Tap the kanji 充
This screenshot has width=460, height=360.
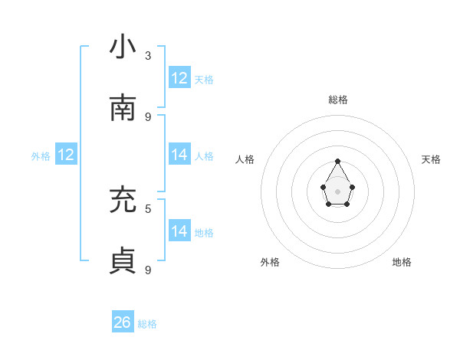tap(123, 200)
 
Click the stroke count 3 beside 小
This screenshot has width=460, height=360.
tap(148, 55)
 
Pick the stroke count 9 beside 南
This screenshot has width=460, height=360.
tap(148, 116)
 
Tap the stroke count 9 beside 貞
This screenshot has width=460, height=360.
tap(148, 270)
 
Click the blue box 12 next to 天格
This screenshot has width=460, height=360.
tap(179, 78)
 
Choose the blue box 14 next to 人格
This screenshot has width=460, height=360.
tap(179, 155)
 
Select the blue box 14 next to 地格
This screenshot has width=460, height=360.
tap(179, 231)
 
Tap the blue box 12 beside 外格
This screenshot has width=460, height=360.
tap(66, 155)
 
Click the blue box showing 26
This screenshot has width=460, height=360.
tap(123, 322)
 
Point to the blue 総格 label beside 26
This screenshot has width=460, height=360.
tap(148, 324)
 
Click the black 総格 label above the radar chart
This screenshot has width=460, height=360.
tap(338, 100)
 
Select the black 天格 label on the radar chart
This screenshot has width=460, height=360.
tap(431, 159)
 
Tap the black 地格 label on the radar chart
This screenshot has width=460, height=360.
tap(402, 262)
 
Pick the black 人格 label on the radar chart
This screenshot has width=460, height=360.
tap(245, 159)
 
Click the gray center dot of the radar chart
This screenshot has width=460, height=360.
tap(338, 191)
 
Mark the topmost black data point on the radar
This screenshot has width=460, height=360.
tap(338, 161)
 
